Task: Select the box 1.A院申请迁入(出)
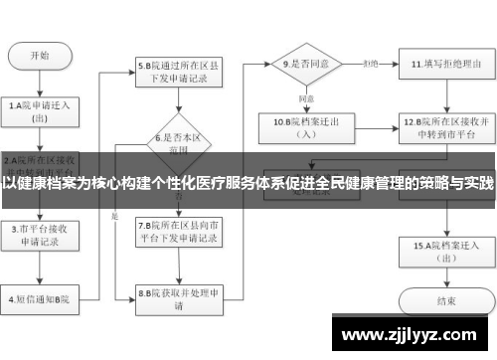click(x=41, y=109)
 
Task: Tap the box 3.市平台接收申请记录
click(x=41, y=234)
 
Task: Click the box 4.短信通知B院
click(x=41, y=296)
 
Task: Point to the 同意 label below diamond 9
click(x=306, y=98)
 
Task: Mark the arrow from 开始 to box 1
click(x=41, y=82)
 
